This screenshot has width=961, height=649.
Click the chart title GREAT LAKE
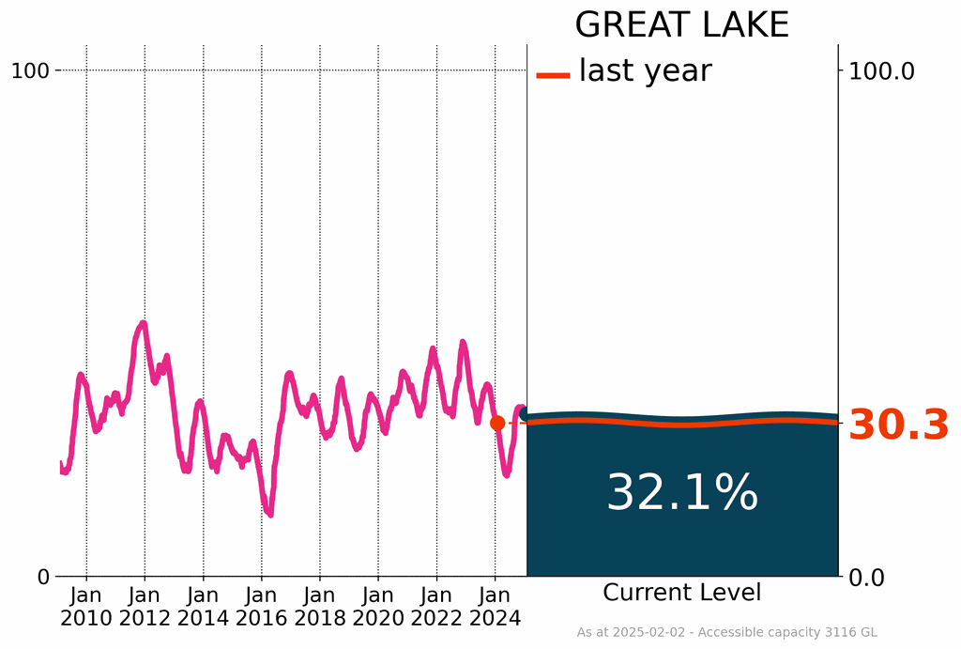[x=681, y=25]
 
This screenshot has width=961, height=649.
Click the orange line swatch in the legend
[x=553, y=74]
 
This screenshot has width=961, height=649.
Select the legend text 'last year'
[x=645, y=70]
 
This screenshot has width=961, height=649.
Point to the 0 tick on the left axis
[x=43, y=577]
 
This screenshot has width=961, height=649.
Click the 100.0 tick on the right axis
[x=881, y=70]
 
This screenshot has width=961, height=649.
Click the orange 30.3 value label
[x=899, y=426]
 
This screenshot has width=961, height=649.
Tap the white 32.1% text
[x=681, y=493]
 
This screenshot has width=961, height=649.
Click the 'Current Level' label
[x=681, y=593]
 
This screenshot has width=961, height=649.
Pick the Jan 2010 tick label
[x=86, y=606]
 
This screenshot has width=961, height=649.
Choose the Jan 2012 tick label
[x=145, y=606]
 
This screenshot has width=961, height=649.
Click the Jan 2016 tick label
[x=262, y=606]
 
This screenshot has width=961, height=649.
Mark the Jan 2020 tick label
[x=378, y=606]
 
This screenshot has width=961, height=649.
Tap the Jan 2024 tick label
[x=495, y=606]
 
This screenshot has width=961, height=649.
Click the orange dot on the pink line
[x=497, y=423]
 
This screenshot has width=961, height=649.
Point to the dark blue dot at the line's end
[x=526, y=414]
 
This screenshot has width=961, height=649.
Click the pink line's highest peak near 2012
[x=143, y=323]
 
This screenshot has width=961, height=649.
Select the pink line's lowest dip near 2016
[x=269, y=514]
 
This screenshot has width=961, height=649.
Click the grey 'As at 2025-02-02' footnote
[x=726, y=633]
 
